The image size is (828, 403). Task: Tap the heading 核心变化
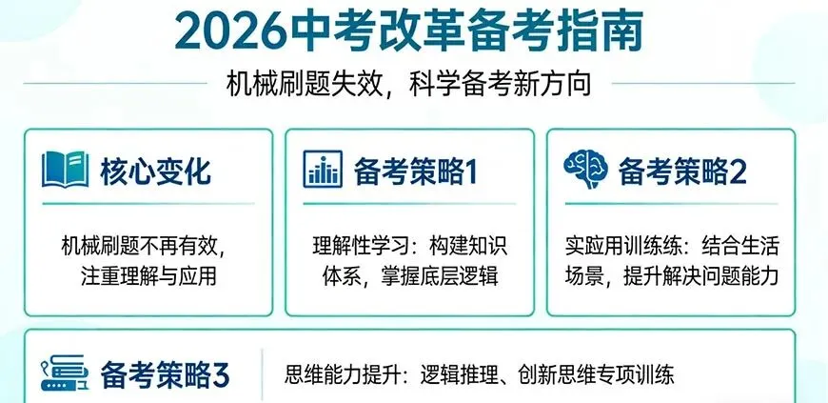(156, 171)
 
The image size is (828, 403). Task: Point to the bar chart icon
(324, 171)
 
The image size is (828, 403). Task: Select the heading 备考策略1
(414, 171)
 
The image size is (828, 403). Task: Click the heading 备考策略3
(165, 373)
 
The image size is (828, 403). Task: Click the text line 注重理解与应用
(150, 277)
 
